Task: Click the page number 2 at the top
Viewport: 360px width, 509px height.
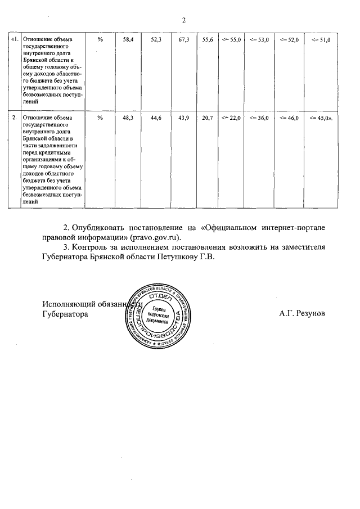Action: [183, 21]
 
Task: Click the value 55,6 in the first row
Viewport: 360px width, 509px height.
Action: [208, 39]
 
